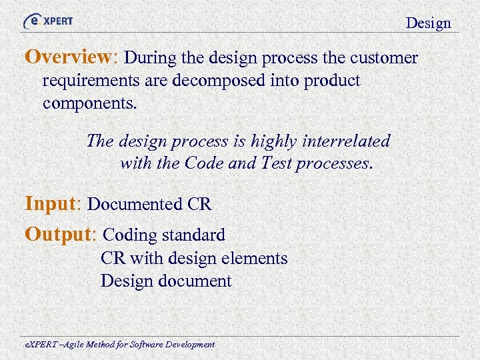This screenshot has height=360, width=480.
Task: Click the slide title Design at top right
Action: click(429, 23)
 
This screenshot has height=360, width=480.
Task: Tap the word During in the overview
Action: click(147, 58)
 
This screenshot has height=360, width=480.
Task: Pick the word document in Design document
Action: click(195, 281)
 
